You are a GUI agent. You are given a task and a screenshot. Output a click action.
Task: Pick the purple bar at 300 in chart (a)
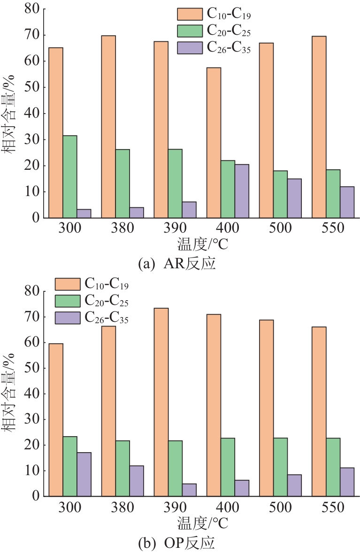point(84,213)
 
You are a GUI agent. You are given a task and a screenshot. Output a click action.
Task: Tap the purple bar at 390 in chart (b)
point(189,490)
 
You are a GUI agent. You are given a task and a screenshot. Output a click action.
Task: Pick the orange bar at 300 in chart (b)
point(56,420)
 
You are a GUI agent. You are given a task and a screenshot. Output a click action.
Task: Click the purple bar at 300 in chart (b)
point(84,474)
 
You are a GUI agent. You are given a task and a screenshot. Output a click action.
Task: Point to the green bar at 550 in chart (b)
point(333,467)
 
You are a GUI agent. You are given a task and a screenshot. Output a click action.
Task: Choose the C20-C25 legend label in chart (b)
point(107,301)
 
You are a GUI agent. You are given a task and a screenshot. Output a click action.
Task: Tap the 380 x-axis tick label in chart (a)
point(123,229)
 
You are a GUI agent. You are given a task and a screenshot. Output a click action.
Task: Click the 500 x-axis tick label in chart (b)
point(280,508)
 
